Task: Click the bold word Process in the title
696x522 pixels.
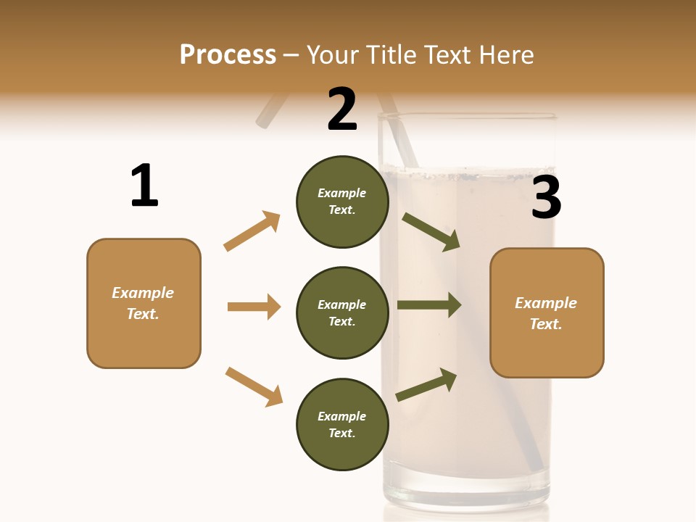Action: point(228,55)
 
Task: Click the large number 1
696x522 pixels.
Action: point(144,186)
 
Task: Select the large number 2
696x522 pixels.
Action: point(342,109)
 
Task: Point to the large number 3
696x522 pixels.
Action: point(546,198)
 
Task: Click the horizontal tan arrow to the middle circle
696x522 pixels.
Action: point(254,307)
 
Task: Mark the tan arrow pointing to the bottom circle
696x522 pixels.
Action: point(254,386)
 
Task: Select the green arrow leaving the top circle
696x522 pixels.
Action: point(431,232)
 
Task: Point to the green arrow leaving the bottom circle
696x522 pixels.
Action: point(426,384)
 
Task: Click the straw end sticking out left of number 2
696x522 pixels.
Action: point(268,112)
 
